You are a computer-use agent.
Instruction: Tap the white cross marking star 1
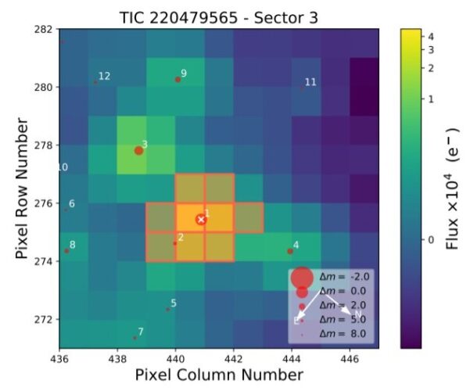(x=201, y=220)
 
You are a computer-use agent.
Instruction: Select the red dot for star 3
(x=138, y=150)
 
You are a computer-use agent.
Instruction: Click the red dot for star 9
(x=178, y=79)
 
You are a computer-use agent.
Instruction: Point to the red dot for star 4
(x=290, y=251)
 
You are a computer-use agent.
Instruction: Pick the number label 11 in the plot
(x=310, y=82)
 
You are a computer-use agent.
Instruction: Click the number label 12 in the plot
(x=104, y=76)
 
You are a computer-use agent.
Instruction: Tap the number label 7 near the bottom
(x=141, y=332)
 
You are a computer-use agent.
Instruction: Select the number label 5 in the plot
(x=174, y=303)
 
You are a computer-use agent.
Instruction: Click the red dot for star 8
(x=66, y=250)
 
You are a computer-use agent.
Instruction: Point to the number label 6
(x=72, y=204)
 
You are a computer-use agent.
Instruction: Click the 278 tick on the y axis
(x=48, y=145)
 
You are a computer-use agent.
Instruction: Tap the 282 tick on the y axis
(x=48, y=29)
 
